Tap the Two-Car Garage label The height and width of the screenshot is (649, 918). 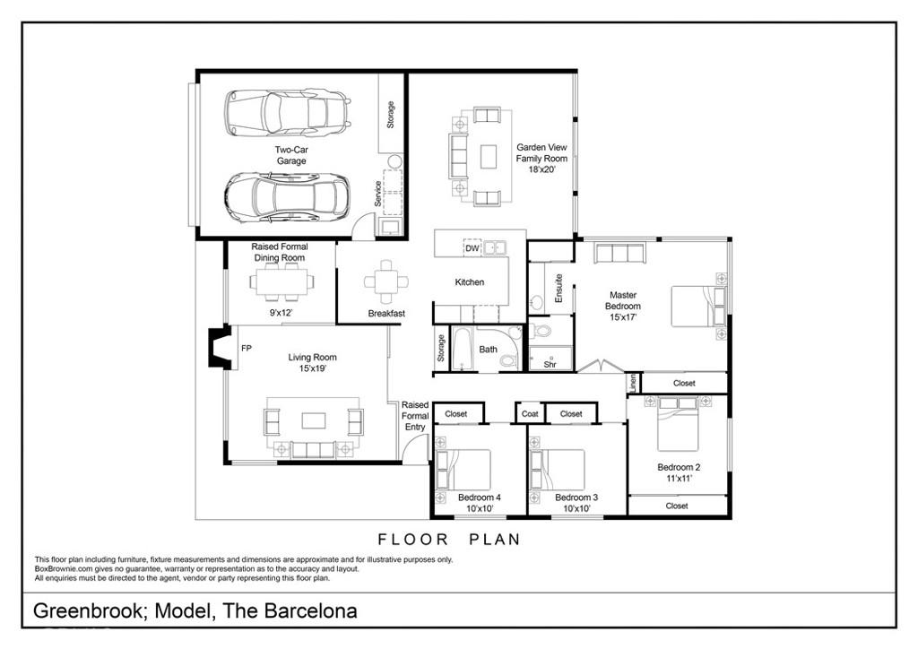(x=290, y=156)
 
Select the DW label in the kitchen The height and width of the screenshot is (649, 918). (x=472, y=248)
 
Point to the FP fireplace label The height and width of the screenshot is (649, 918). (x=246, y=348)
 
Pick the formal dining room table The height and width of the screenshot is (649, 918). (x=282, y=282)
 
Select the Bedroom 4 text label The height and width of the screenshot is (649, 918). (x=479, y=498)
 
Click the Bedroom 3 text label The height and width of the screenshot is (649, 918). (x=576, y=498)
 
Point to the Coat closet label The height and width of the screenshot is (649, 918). (x=530, y=414)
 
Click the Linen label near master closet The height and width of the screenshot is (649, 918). (x=633, y=383)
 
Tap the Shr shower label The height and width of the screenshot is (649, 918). (x=550, y=364)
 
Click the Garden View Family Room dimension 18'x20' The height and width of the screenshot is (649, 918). (x=541, y=169)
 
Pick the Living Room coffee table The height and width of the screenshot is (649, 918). (x=313, y=420)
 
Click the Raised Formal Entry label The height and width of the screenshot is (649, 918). (x=415, y=416)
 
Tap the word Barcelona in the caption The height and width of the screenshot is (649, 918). (x=310, y=611)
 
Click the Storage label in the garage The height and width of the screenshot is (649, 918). (x=390, y=114)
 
